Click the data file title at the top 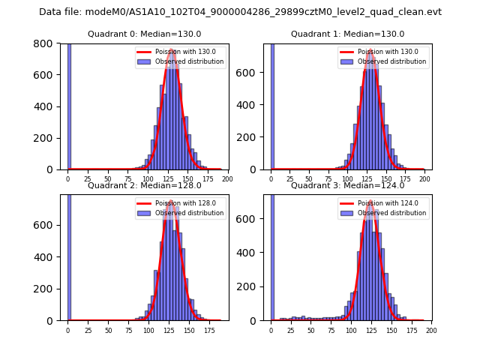[x=240, y=12]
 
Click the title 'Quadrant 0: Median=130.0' [x=144, y=34]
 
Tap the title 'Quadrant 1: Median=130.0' [x=347, y=34]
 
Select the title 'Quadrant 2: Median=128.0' [x=144, y=185]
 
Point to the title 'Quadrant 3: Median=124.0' [x=347, y=185]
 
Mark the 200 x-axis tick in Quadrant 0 [x=228, y=179]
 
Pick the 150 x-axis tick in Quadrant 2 [x=188, y=330]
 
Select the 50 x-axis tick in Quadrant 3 [x=310, y=330]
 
